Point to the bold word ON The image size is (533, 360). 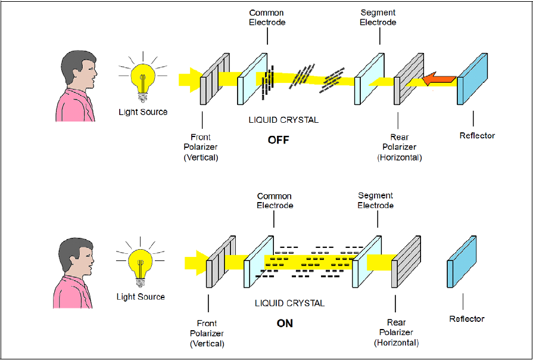tap(285, 324)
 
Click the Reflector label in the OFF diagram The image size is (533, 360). tap(477, 135)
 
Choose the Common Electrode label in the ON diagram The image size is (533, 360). tap(275, 200)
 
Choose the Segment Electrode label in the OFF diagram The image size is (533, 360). tap(378, 17)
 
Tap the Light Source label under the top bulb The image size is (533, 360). tap(143, 111)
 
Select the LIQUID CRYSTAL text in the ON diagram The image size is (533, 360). tap(289, 303)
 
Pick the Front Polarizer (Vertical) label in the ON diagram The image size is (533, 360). tap(207, 333)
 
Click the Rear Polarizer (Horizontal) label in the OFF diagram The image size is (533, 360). tap(399, 148)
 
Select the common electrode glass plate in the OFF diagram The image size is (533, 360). tap(252, 79)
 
